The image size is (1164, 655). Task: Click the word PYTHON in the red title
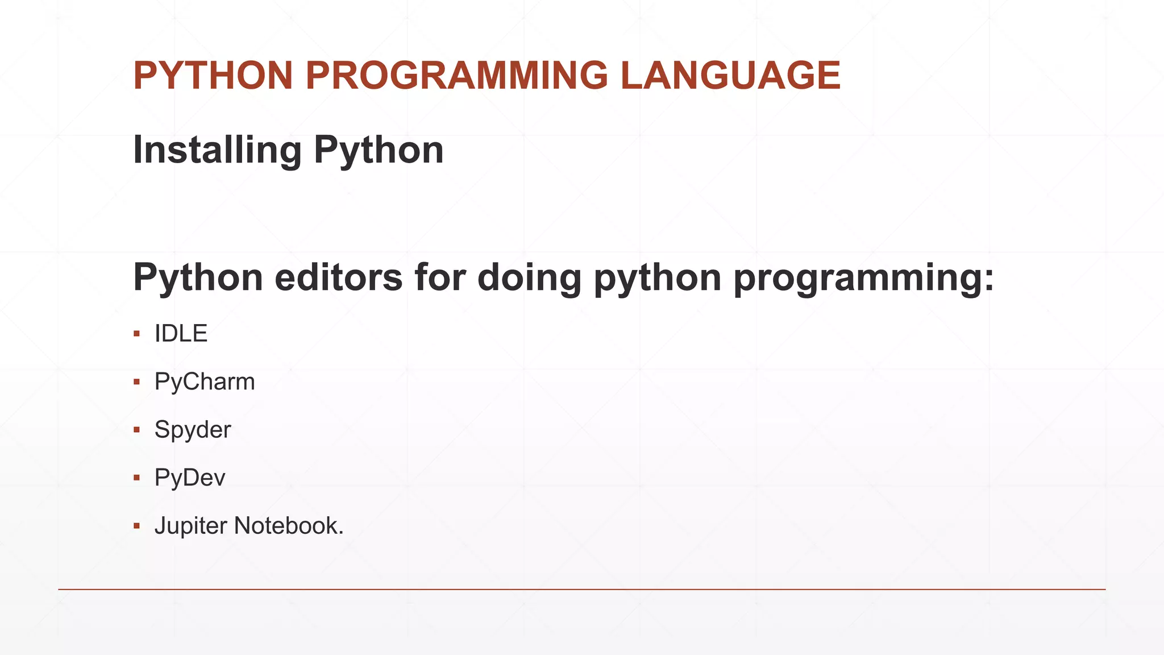213,76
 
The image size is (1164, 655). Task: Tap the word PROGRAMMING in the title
457,76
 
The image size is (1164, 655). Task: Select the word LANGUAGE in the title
730,76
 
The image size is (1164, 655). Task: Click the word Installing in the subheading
217,151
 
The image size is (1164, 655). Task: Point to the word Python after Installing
379,151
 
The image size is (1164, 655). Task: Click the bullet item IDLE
181,334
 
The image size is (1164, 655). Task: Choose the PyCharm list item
205,382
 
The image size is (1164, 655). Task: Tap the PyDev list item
190,478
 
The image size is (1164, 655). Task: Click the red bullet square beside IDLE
136,334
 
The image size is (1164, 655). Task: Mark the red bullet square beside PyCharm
136,382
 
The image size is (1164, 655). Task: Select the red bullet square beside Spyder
136,430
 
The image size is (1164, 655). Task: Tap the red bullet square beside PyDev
136,478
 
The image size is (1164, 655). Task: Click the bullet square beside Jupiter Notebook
136,526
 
